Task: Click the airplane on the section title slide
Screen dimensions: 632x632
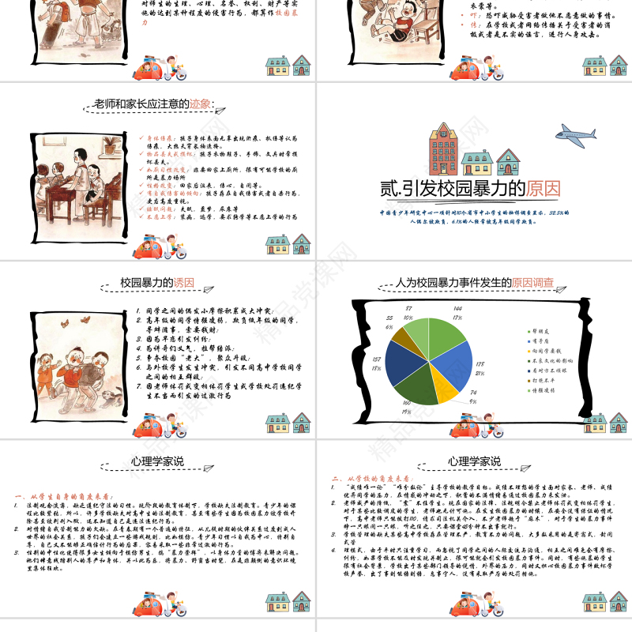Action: [x=576, y=131]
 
